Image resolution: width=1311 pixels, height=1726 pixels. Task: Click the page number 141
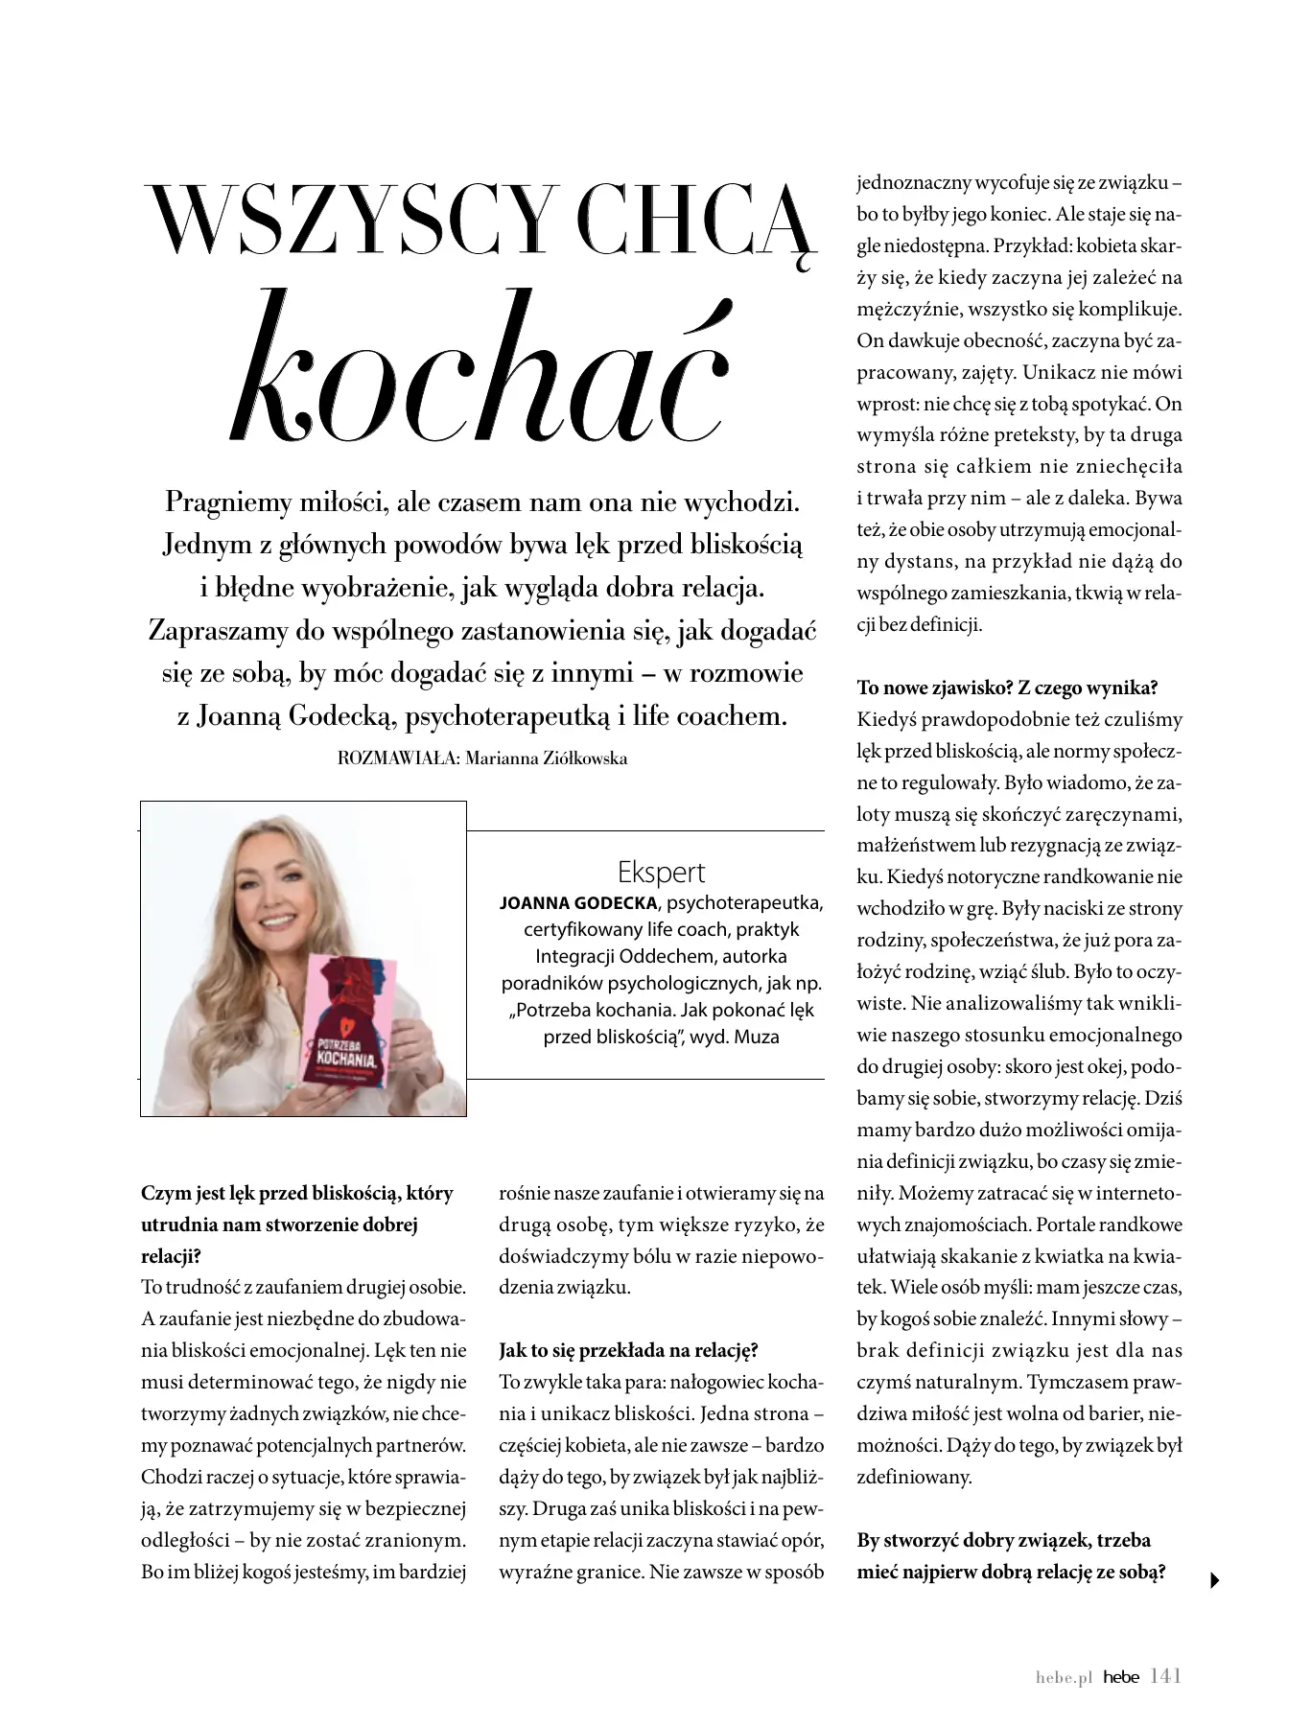[1165, 1675]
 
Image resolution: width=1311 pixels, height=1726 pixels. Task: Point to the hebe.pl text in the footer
[1064, 1677]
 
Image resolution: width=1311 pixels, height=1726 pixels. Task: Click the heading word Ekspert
[661, 873]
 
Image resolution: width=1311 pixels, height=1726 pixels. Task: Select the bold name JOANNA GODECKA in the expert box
[579, 903]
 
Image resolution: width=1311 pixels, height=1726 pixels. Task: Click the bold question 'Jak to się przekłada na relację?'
[628, 1350]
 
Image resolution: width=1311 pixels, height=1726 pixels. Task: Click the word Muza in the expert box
[757, 1037]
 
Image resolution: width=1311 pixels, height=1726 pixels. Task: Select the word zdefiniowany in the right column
[914, 1477]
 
